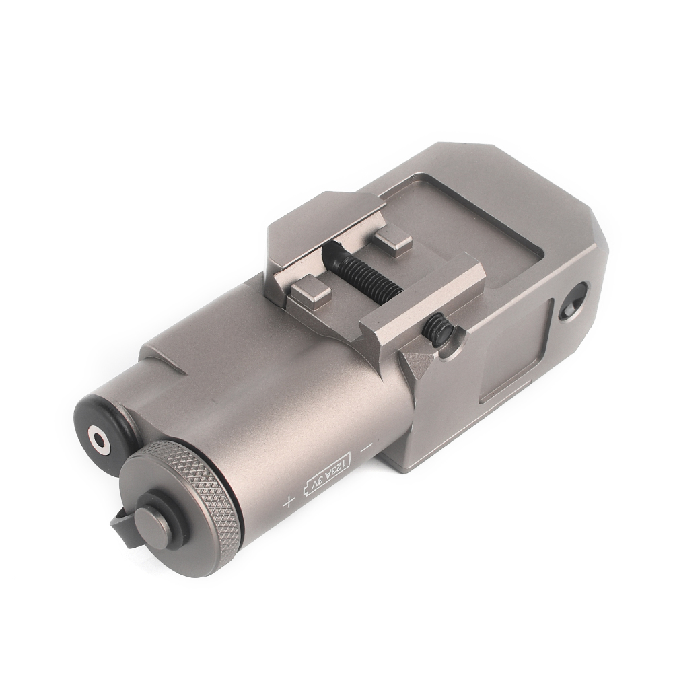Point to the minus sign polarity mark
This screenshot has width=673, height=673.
click(367, 448)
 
